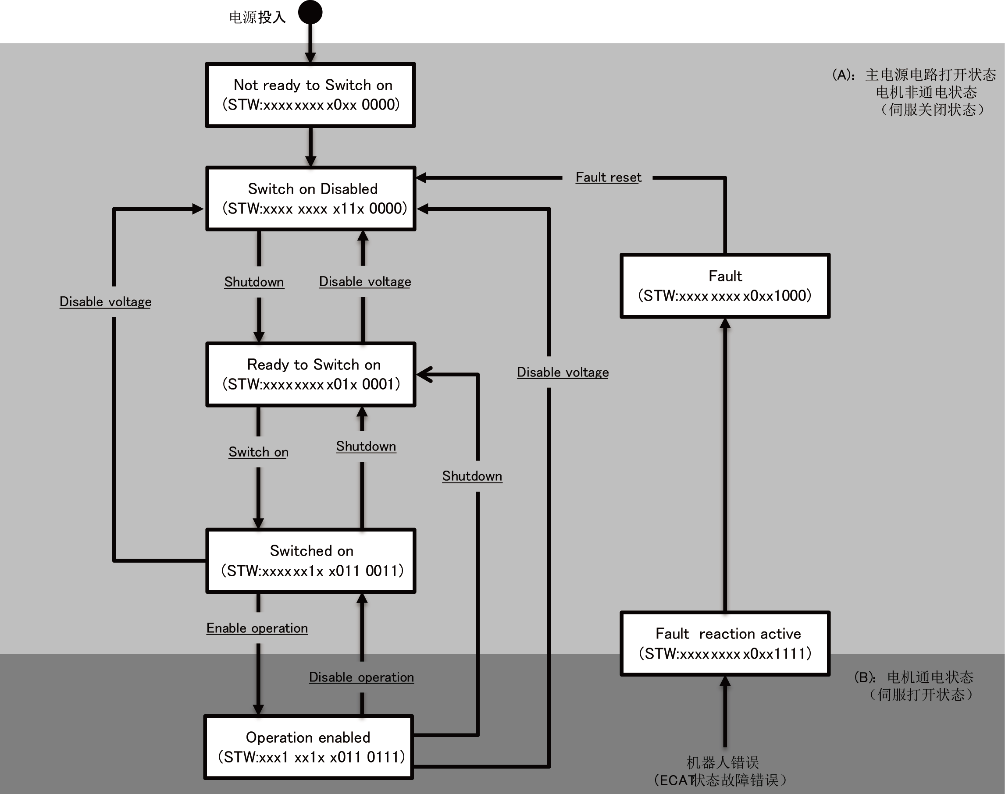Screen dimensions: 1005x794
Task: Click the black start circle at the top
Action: pyautogui.click(x=310, y=12)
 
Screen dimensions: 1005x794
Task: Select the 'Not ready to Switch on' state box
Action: pyautogui.click(x=310, y=95)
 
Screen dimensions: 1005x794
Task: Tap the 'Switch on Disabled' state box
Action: pyautogui.click(x=310, y=198)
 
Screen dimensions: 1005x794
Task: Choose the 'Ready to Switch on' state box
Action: pyautogui.click(x=310, y=374)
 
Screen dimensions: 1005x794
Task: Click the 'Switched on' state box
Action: pyautogui.click(x=310, y=560)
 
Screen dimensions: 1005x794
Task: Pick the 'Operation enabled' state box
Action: pyautogui.click(x=309, y=747)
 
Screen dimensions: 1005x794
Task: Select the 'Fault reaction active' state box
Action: pyautogui.click(x=725, y=643)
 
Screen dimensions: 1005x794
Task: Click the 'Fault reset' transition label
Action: pyautogui.click(x=608, y=177)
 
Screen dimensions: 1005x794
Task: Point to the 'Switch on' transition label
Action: pyautogui.click(x=258, y=452)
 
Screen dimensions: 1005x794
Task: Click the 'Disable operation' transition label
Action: pyautogui.click(x=361, y=677)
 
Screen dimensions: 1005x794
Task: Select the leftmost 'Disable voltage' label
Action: pyautogui.click(x=106, y=302)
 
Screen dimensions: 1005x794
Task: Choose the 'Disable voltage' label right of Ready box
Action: pyautogui.click(x=563, y=372)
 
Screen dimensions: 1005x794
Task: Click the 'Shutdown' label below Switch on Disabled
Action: pyautogui.click(x=254, y=282)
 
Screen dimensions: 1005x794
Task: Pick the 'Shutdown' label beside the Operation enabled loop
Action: pyautogui.click(x=472, y=476)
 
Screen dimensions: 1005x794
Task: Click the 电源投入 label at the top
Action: pyautogui.click(x=257, y=17)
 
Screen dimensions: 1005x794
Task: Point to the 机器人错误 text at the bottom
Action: pyautogui.click(x=723, y=762)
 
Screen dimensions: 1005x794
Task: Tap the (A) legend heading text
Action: pyautogui.click(x=914, y=74)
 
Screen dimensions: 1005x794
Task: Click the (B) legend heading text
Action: pyautogui.click(x=914, y=677)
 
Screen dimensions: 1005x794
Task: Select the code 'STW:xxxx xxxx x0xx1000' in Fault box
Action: pyautogui.click(x=725, y=296)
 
